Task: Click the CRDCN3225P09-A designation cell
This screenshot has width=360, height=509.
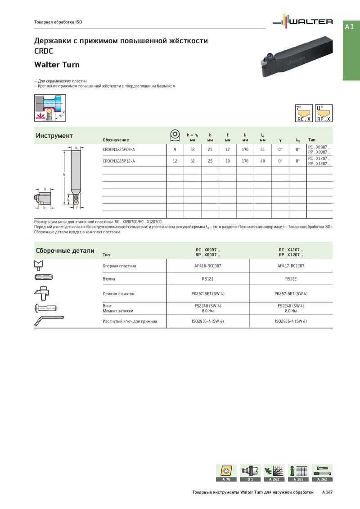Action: coord(119,149)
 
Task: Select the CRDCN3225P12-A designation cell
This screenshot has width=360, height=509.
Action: coord(119,161)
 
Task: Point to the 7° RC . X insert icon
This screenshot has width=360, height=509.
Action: coord(304,114)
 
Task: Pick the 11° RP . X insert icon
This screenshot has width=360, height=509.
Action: coord(324,114)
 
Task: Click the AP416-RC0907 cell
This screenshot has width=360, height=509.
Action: coord(207,266)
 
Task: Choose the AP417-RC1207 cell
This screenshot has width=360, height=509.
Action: coord(291,266)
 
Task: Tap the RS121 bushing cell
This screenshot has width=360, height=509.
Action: coord(207,279)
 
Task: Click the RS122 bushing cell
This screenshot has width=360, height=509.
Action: coord(291,279)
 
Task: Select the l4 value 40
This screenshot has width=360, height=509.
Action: coord(262,161)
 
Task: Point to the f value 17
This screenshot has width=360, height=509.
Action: coord(228,149)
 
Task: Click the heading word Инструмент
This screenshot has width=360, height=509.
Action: coord(54,136)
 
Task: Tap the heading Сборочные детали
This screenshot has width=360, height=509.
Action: coord(65,250)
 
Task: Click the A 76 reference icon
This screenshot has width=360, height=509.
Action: coord(226,473)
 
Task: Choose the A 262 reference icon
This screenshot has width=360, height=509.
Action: coord(322,473)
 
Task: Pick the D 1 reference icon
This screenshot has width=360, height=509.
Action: coord(250,473)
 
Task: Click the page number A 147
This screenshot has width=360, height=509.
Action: coord(327,492)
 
